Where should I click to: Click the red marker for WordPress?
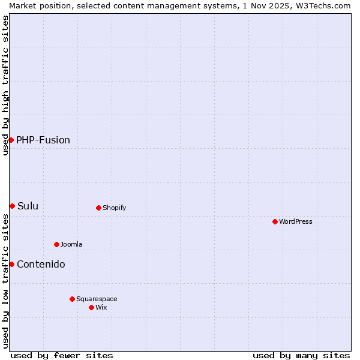[275, 221]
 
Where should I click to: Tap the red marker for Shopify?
[98, 208]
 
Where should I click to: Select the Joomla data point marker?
[56, 244]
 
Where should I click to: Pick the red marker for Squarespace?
[72, 299]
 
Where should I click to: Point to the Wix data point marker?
[91, 307]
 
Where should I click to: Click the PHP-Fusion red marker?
[11, 140]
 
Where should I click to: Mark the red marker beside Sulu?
[12, 206]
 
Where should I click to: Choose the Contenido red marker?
[11, 264]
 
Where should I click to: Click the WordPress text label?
[296, 221]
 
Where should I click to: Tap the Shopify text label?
[115, 208]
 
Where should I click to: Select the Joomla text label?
[71, 244]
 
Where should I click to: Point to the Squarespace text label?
[97, 299]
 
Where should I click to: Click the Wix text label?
[101, 307]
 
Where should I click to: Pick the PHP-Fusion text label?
[43, 140]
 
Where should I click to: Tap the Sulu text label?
[28, 206]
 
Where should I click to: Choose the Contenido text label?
[41, 264]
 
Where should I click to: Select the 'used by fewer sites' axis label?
[62, 355]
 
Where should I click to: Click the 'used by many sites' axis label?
[301, 355]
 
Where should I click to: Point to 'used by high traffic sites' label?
[5, 85]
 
